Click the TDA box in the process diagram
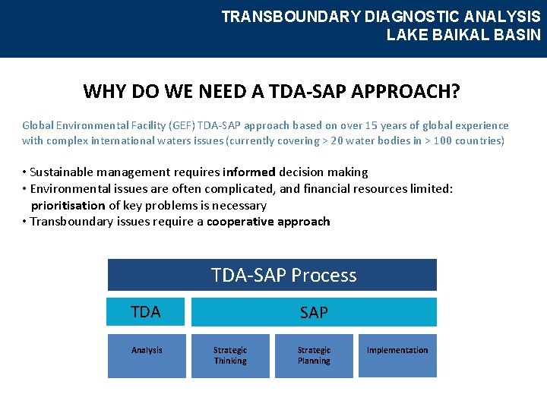click(146, 312)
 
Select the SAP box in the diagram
click(314, 312)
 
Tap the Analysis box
click(147, 355)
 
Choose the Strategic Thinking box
click(230, 355)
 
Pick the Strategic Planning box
click(314, 355)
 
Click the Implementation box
click(397, 355)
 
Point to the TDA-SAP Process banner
click(272, 275)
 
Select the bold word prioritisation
click(68, 206)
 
